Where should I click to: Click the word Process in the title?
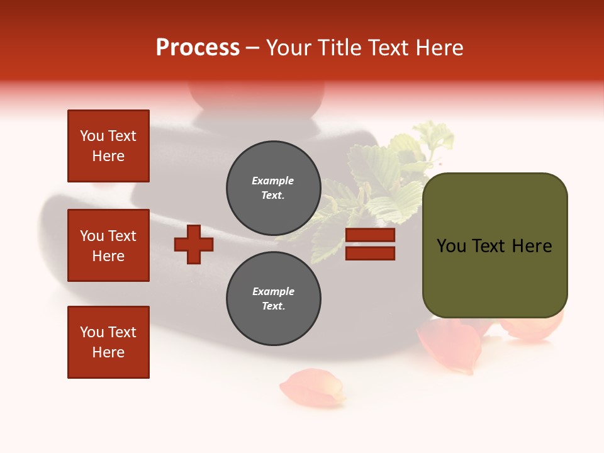click(x=198, y=47)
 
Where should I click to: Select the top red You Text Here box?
click(x=108, y=146)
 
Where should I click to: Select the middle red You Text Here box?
click(x=108, y=245)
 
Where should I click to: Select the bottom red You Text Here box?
click(x=108, y=342)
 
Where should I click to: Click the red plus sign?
click(x=194, y=244)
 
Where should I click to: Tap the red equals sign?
click(x=370, y=244)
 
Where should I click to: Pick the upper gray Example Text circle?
click(x=274, y=188)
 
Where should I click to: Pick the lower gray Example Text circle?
click(x=274, y=299)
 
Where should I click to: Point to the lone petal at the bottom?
click(x=313, y=388)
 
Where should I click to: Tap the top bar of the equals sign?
click(x=370, y=235)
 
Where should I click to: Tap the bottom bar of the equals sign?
click(x=370, y=253)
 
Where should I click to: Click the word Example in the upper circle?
click(x=272, y=181)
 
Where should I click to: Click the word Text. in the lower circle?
click(x=273, y=306)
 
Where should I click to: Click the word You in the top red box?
click(x=92, y=136)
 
